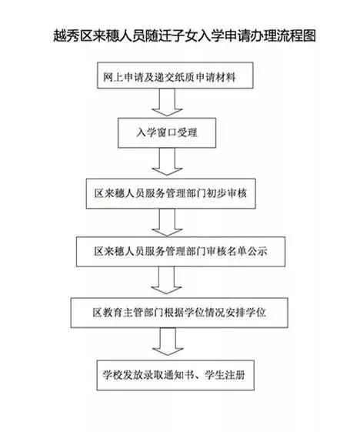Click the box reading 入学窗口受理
coord(167,132)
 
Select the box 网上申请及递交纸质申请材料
coord(175,75)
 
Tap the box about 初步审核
coord(171,193)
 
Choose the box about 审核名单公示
coord(181,252)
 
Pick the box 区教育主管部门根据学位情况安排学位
coord(179,313)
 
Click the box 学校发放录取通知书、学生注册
coord(175,375)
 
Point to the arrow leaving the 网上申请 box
coord(167,102)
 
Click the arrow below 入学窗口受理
coord(167,162)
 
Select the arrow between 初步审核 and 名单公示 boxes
coord(167,223)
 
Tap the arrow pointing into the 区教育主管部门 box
coord(166,280)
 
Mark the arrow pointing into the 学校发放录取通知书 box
coord(168,342)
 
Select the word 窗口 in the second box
coord(167,132)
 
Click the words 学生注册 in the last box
coord(225,375)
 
